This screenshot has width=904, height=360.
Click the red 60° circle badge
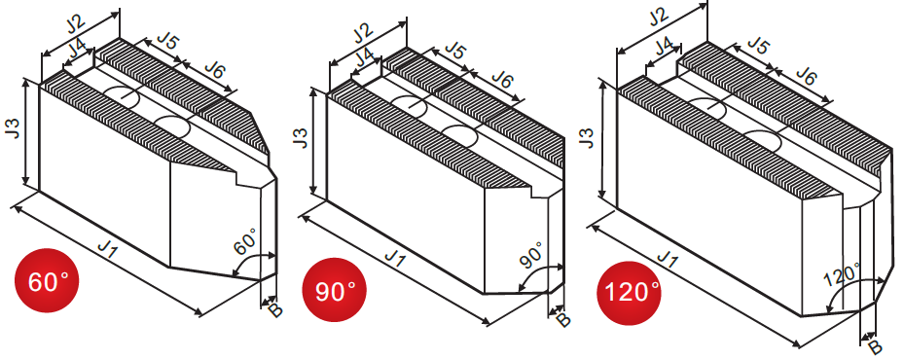tap(46, 280)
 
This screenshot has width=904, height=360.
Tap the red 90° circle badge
tap(335, 290)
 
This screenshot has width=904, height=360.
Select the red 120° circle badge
tap(629, 293)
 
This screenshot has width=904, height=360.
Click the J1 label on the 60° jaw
tap(109, 249)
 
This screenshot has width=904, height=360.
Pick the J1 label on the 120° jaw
tap(667, 261)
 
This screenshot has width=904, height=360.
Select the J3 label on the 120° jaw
tap(589, 136)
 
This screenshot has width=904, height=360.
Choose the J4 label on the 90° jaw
tap(364, 58)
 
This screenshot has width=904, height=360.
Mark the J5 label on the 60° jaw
tap(167, 42)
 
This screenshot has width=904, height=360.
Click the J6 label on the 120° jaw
tap(806, 76)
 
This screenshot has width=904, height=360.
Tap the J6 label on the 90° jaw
tap(501, 80)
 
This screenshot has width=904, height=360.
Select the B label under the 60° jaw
tap(275, 310)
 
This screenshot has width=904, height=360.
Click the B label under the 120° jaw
tap(875, 346)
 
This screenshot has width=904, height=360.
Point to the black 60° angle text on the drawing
tap(246, 240)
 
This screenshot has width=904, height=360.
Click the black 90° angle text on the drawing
tap(531, 256)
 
